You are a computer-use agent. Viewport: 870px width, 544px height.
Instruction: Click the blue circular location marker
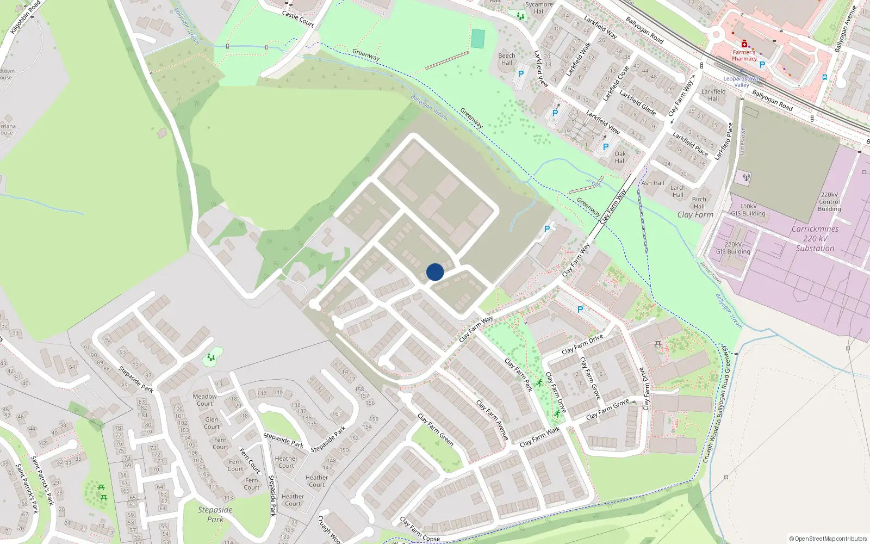point(435,272)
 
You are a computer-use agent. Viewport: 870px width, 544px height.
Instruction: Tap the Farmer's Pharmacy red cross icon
point(744,44)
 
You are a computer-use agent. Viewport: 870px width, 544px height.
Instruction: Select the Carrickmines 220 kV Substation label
point(815,239)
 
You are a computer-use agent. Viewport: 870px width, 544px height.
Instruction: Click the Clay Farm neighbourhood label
point(695,215)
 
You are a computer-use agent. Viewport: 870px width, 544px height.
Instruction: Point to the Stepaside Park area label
point(215,514)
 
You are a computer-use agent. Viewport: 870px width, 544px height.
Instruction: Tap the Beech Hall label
point(507,59)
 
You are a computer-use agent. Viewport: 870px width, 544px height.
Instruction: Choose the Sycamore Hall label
point(539,8)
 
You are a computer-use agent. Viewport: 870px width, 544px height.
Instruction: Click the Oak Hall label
point(620,157)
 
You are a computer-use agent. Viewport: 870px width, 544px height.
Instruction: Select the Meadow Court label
point(204,400)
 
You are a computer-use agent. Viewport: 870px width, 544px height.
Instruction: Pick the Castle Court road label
point(298,18)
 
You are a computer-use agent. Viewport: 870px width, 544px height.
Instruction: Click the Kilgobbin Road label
point(25,17)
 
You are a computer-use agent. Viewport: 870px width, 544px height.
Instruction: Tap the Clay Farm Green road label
point(436,430)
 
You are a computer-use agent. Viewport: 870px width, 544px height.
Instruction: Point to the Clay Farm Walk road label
point(539,437)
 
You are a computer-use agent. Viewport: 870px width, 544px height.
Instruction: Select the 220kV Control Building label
point(829,202)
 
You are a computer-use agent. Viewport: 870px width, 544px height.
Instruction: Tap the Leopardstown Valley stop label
point(742,82)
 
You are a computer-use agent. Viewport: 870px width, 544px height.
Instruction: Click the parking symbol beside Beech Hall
point(521,74)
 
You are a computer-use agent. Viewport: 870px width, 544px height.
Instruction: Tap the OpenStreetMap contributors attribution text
point(828,539)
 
